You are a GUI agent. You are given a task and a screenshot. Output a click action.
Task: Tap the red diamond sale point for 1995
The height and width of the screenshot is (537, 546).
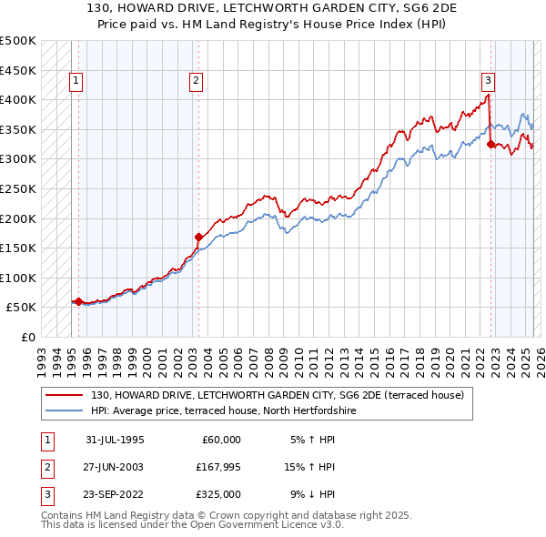[78, 301]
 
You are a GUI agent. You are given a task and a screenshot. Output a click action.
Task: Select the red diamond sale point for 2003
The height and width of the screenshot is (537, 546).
[198, 238]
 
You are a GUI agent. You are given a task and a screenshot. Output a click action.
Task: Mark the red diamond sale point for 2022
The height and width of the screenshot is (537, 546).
[490, 144]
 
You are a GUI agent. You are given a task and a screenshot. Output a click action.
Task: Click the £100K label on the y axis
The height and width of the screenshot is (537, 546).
[18, 278]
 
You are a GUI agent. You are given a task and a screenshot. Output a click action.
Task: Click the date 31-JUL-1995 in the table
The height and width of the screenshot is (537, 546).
[115, 439]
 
